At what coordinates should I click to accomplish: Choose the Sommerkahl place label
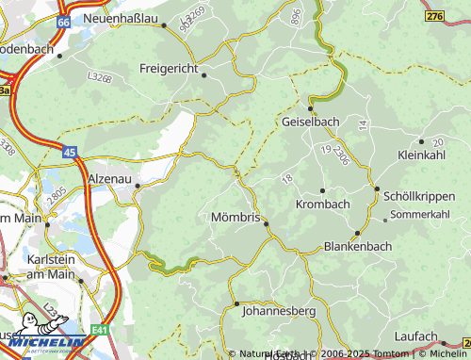419,215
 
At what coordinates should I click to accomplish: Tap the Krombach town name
322,204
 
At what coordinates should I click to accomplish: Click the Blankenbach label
357,247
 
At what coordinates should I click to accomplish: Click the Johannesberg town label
277,309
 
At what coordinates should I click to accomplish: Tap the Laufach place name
416,335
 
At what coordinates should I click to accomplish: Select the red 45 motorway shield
71,150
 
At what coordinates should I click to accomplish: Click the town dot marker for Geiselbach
310,108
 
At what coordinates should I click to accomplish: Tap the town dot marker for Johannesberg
236,303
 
